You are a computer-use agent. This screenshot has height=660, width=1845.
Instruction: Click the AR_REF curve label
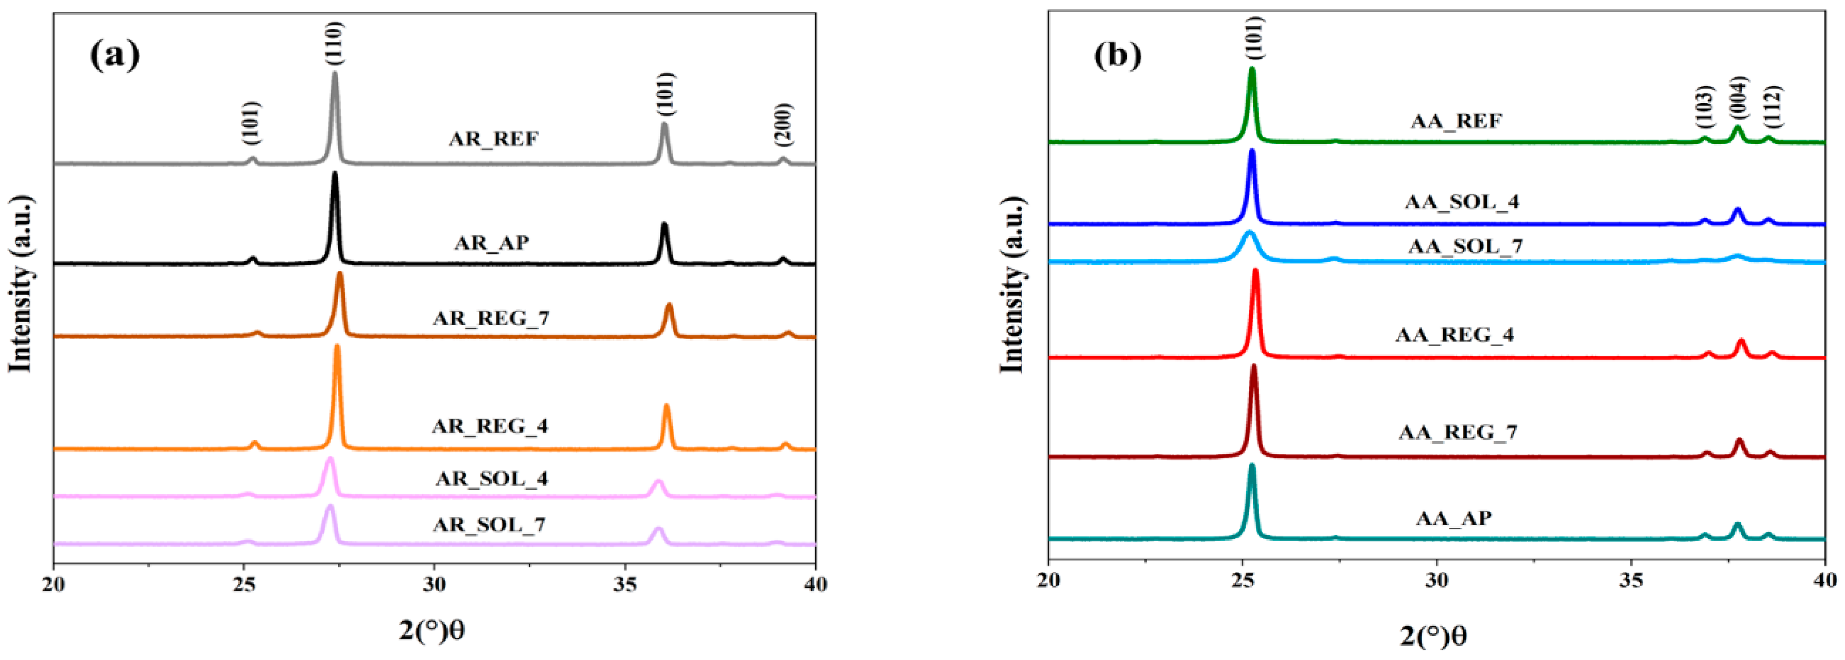coord(494,138)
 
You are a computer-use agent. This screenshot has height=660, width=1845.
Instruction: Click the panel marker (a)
coord(115,55)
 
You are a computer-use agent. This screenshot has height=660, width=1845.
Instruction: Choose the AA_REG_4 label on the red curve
coord(1455,334)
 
